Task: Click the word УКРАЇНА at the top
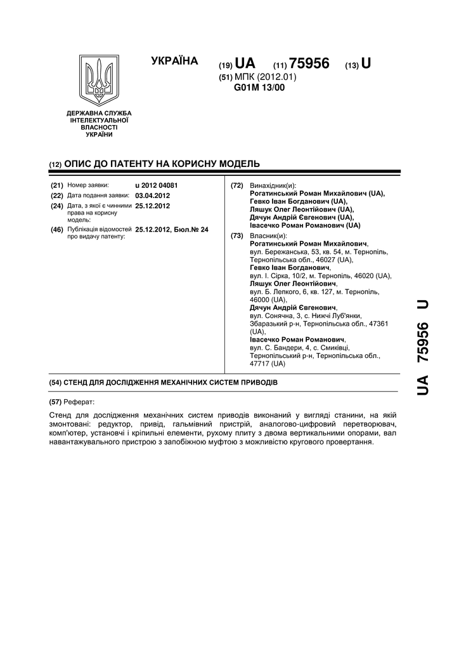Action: (175, 61)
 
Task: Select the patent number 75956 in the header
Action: (309, 64)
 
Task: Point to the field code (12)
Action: (55, 164)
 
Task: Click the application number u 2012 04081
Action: (157, 185)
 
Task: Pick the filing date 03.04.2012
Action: (153, 196)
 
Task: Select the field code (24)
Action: (56, 206)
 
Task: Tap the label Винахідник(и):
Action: (273, 185)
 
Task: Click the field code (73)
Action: (237, 235)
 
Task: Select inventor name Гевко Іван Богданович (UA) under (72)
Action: (299, 201)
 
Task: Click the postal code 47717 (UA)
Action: (268, 364)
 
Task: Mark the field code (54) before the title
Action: (55, 384)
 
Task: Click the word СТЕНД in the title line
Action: (79, 384)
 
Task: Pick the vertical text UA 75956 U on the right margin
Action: (422, 348)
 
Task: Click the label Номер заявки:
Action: (88, 185)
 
